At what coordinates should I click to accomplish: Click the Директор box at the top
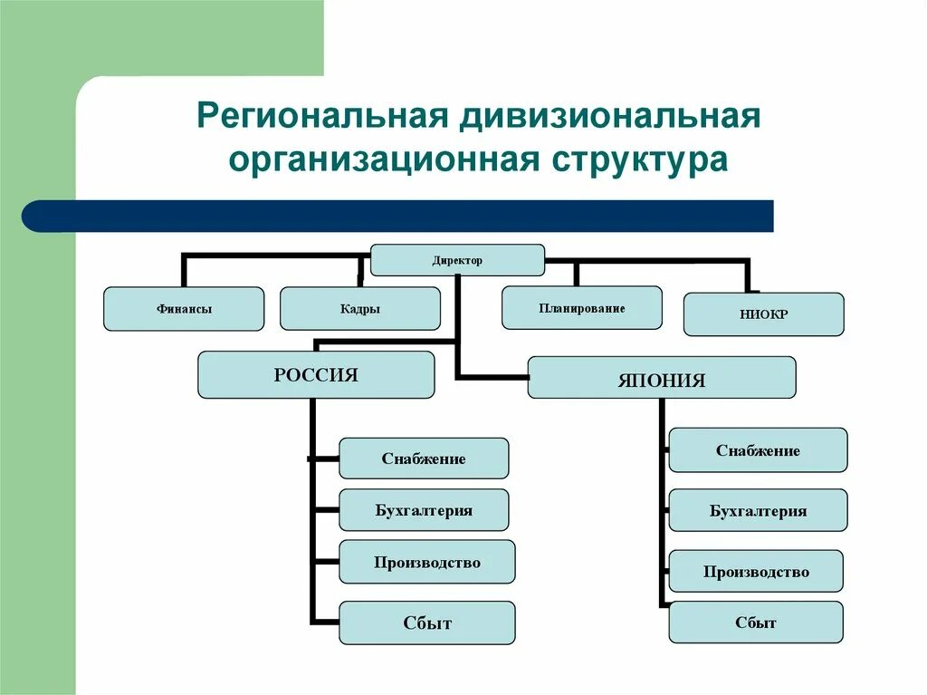click(457, 260)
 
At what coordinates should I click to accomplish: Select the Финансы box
click(184, 309)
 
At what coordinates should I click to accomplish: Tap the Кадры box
click(360, 309)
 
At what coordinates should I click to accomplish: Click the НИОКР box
click(763, 314)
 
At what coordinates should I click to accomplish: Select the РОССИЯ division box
click(316, 375)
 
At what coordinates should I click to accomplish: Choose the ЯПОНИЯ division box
click(662, 378)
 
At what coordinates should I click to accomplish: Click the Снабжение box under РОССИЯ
click(424, 459)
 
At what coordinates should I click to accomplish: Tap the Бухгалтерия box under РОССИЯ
click(424, 510)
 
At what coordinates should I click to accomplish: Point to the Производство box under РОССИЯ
click(427, 563)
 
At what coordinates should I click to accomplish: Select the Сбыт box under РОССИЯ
click(427, 623)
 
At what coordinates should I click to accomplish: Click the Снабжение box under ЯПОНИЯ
click(758, 450)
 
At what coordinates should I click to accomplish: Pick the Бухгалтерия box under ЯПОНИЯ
click(758, 511)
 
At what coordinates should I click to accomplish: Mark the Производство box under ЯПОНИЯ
click(756, 572)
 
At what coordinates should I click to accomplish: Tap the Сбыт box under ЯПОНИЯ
click(756, 623)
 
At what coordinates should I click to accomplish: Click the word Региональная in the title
click(323, 119)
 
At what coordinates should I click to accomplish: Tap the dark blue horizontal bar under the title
click(398, 217)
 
